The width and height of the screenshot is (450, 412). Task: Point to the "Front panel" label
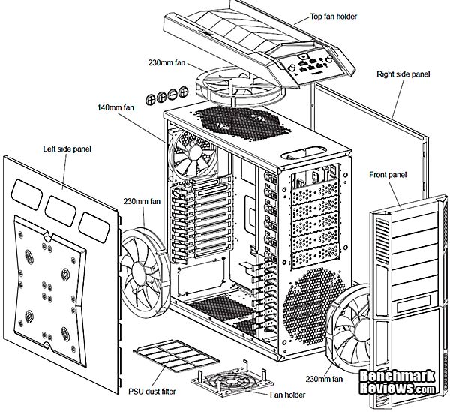tap(388, 175)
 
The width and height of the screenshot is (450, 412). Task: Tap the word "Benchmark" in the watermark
tap(397, 376)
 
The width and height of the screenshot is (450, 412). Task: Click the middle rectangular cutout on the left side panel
tap(63, 208)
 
